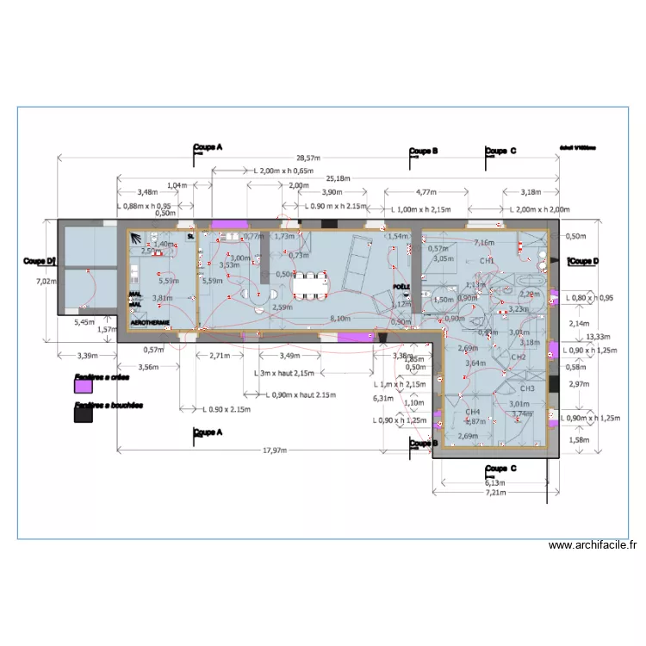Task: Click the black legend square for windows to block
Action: (x=84, y=415)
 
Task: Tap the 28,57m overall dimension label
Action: (x=307, y=158)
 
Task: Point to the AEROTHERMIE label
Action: (x=150, y=322)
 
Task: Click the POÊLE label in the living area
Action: (x=401, y=287)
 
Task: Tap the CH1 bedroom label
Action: (x=487, y=260)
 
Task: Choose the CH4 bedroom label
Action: (x=472, y=412)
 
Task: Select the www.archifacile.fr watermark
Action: (x=593, y=544)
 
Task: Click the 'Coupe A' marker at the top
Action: (x=208, y=148)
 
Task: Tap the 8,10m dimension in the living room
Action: (x=340, y=318)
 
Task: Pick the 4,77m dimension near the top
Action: (x=425, y=193)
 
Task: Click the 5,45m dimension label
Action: (x=85, y=322)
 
